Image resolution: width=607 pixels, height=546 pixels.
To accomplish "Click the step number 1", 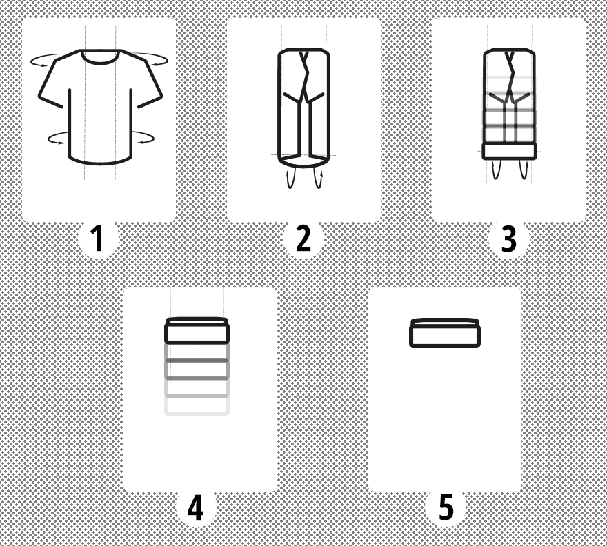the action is click(97, 238).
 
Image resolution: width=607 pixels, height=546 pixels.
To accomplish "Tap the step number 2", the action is click(303, 238).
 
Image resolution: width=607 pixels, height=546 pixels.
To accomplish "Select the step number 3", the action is click(508, 239).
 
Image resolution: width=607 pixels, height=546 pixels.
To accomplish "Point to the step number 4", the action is click(195, 507).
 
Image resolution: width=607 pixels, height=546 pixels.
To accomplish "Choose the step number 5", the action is click(446, 507).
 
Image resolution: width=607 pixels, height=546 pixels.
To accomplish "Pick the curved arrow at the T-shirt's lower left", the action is click(50, 138).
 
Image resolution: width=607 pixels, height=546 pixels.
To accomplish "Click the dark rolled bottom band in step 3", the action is click(509, 151).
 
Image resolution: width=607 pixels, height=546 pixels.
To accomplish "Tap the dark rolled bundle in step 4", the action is click(197, 331).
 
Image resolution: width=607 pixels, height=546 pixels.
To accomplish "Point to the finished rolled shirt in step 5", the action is click(445, 333).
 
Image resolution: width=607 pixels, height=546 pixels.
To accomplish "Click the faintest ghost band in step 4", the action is click(197, 406).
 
